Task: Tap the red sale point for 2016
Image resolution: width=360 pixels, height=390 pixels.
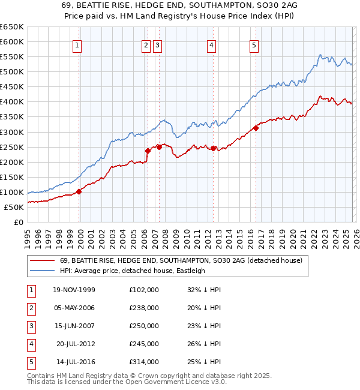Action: (256, 127)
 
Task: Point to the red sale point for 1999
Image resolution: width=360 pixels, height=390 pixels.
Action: (79, 191)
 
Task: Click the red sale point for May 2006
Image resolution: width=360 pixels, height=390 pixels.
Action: (148, 151)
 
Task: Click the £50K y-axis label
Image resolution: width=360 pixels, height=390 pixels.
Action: (14, 207)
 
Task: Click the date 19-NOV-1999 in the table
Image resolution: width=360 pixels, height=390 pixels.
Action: (74, 290)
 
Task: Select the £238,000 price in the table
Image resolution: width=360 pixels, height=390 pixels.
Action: (143, 308)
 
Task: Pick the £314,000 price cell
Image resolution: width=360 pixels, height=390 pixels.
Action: (143, 362)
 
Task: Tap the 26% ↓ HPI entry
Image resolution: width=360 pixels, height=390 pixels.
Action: (204, 344)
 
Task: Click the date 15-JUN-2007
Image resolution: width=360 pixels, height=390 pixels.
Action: (74, 326)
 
